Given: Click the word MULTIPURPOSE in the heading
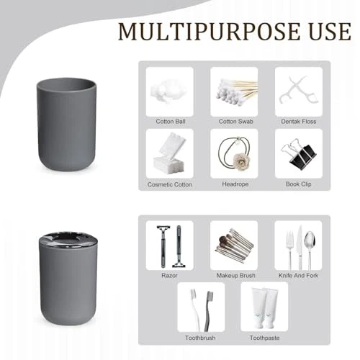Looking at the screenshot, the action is pyautogui.click(x=209, y=32).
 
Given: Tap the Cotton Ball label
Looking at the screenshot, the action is pyautogui.click(x=171, y=122).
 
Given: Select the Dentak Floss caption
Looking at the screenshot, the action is pyautogui.click(x=299, y=122).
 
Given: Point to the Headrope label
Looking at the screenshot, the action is pyautogui.click(x=235, y=184).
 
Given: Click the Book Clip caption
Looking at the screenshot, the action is pyautogui.click(x=299, y=184).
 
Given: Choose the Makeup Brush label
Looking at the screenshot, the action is pyautogui.click(x=236, y=276).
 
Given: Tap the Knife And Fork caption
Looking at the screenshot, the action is pyautogui.click(x=298, y=276).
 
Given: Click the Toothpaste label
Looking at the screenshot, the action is pyautogui.click(x=264, y=338).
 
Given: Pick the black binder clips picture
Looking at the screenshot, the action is pyautogui.click(x=299, y=153).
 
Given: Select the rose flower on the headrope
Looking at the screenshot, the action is pyautogui.click(x=238, y=161).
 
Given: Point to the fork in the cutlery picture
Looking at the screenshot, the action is pyautogui.click(x=290, y=250).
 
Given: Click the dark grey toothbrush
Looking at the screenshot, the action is pyautogui.click(x=208, y=311).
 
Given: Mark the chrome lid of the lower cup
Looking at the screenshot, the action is pyautogui.click(x=68, y=239).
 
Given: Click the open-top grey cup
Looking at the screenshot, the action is pyautogui.click(x=66, y=125).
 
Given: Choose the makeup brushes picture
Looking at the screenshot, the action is pyautogui.click(x=234, y=246).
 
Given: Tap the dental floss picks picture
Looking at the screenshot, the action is pyautogui.click(x=298, y=91).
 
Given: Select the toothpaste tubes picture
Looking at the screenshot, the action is pyautogui.click(x=264, y=308).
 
